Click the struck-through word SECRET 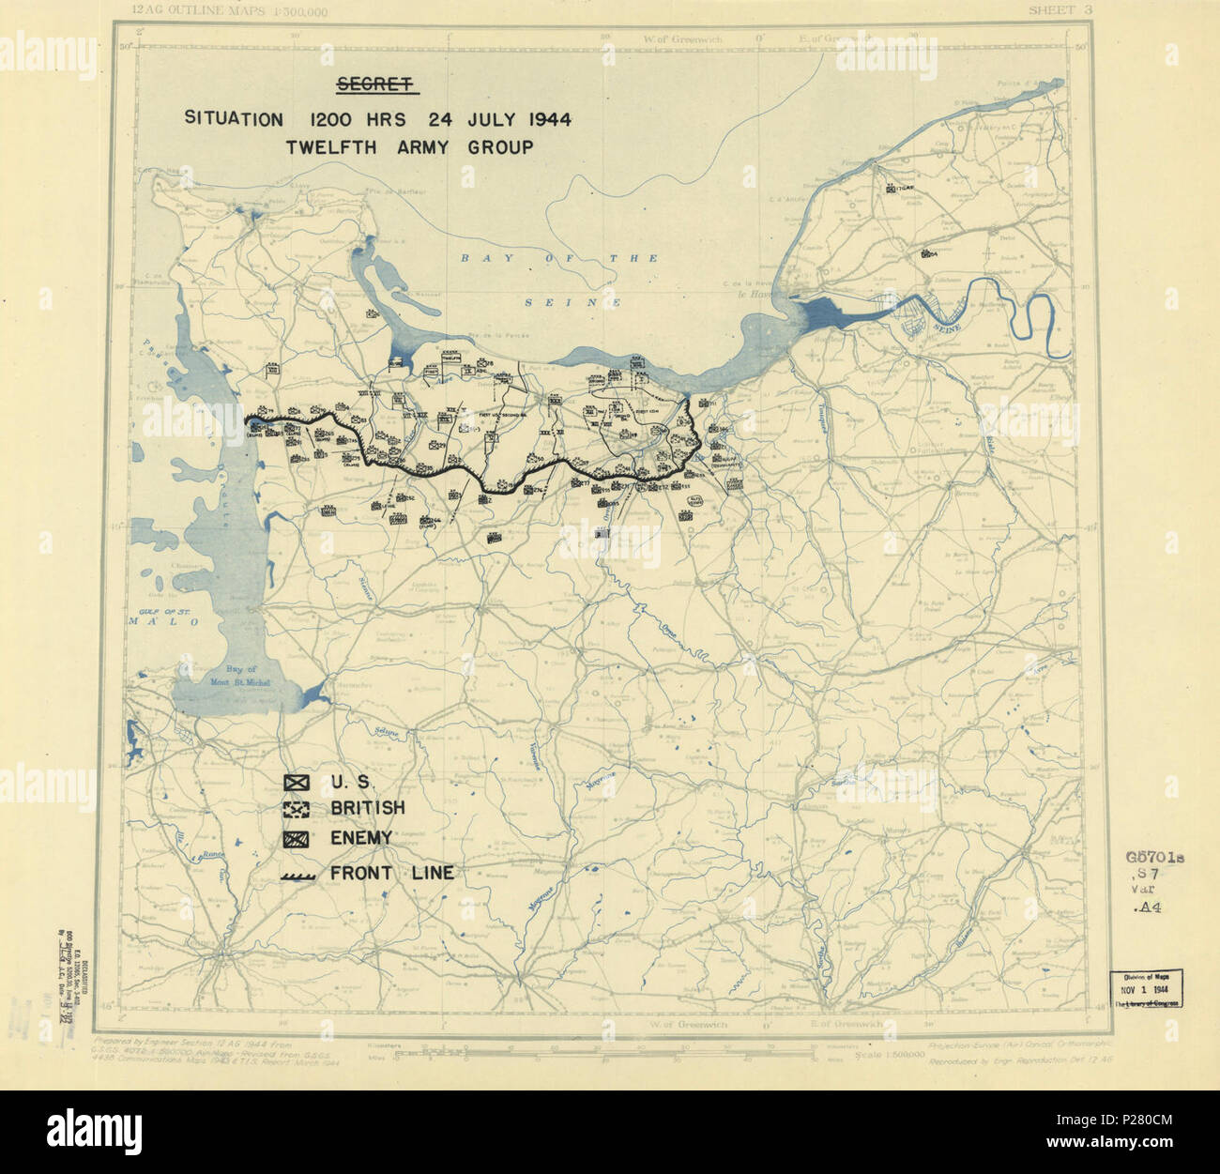[x=376, y=86]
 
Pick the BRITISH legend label [x=367, y=808]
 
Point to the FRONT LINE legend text [x=391, y=874]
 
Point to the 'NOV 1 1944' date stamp [x=1146, y=990]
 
